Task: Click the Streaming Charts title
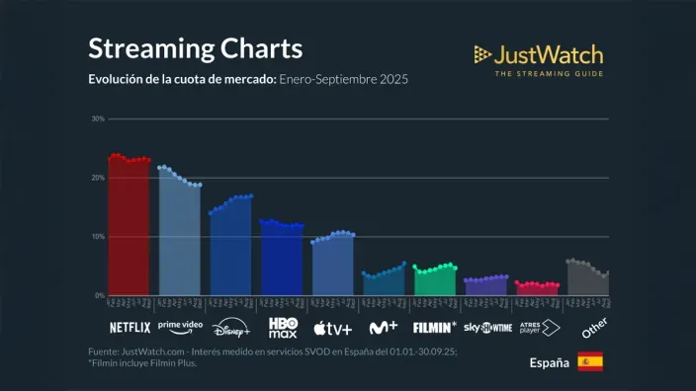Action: [195, 48]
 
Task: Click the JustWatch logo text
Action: [548, 54]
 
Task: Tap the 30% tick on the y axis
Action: [98, 118]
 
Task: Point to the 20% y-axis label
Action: [98, 178]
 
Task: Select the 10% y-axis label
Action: [98, 237]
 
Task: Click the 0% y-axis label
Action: [99, 295]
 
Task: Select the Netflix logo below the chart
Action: [130, 327]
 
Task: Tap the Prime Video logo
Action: [180, 326]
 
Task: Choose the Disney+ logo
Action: [231, 328]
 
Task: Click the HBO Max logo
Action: [283, 327]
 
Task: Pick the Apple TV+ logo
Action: [333, 328]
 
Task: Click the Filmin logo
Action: [435, 327]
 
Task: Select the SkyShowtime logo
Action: [487, 328]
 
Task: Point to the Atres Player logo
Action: [539, 327]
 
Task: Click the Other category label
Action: [593, 327]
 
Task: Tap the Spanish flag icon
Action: [590, 361]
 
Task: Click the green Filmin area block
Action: [435, 282]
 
